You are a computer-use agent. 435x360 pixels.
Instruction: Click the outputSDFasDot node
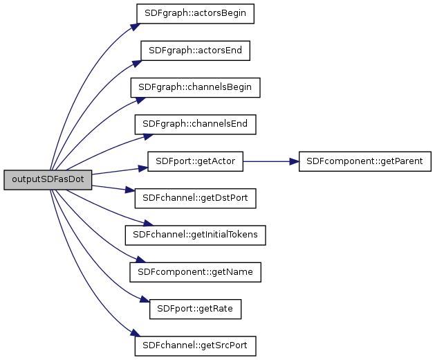[x=48, y=179]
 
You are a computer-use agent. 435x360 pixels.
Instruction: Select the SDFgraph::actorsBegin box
[x=195, y=14]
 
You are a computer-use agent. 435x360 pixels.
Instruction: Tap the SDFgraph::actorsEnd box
[x=195, y=51]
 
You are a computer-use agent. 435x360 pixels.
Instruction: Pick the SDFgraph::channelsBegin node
[x=195, y=87]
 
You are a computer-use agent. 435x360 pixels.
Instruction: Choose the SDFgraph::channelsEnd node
[x=195, y=124]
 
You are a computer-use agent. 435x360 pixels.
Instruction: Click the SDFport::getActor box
[x=195, y=161]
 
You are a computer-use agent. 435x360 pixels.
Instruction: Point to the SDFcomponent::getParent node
[x=364, y=161]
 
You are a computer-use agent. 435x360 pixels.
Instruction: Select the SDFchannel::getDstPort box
[x=195, y=198]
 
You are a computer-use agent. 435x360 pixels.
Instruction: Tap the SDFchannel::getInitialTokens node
[x=195, y=235]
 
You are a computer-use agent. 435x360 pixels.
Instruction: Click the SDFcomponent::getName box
[x=195, y=272]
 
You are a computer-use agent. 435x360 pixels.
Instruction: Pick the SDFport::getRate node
[x=195, y=309]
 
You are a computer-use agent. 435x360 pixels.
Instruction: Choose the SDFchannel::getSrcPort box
[x=195, y=345]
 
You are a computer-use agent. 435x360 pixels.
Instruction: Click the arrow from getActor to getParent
[x=270, y=161]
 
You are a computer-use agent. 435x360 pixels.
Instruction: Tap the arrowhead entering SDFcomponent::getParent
[x=293, y=161]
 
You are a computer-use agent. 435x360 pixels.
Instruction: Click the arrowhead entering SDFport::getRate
[x=145, y=301]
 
